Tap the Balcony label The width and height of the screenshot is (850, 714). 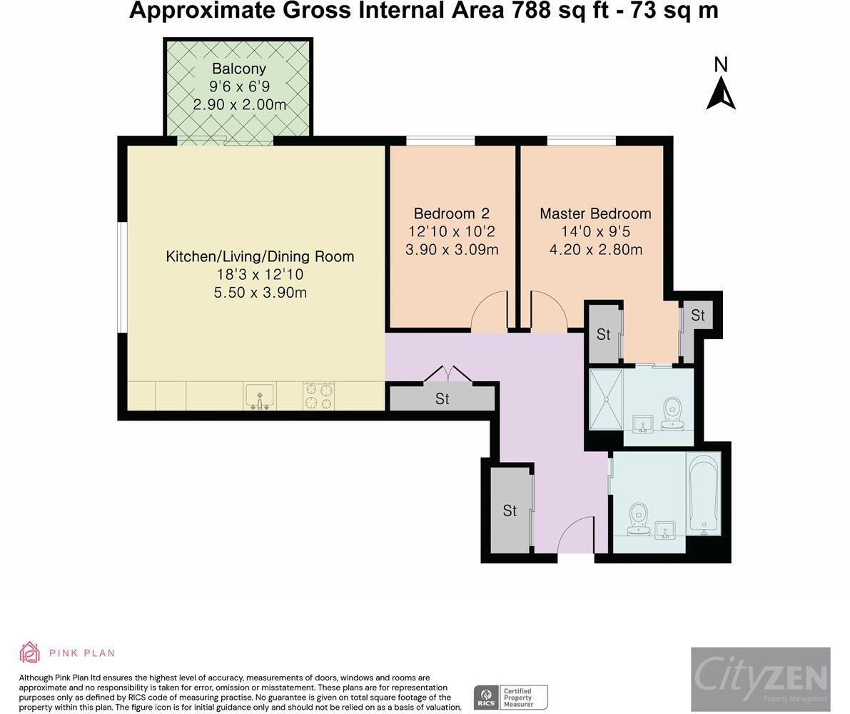(239, 69)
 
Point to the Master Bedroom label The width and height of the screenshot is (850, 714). (595, 213)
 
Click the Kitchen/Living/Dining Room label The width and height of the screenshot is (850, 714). (260, 256)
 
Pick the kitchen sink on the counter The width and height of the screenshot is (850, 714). (260, 396)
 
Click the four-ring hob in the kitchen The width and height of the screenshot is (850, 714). (319, 396)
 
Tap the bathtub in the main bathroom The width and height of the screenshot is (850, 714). (704, 494)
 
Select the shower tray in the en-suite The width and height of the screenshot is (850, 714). (606, 399)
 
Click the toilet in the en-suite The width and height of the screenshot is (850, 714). (673, 413)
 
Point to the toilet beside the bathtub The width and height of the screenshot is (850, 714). (639, 518)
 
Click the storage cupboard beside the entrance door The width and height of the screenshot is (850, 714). (510, 511)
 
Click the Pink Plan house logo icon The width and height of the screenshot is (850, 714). (30, 653)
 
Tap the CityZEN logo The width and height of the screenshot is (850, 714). (761, 679)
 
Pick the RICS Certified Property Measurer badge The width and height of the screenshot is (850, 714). (511, 697)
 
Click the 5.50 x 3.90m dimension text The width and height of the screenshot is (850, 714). (260, 293)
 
